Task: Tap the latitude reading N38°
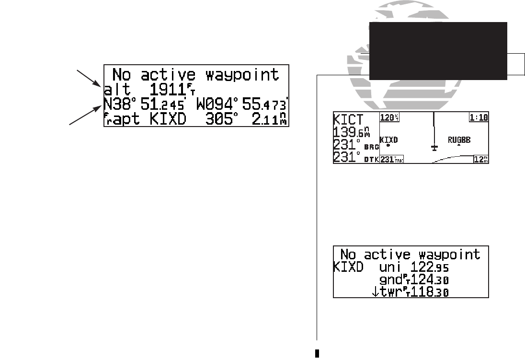[x=118, y=103]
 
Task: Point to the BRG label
[x=371, y=148]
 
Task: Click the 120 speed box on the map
[x=388, y=117]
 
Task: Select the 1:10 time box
[x=479, y=117]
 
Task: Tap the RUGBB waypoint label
[x=459, y=140]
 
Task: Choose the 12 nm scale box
[x=479, y=159]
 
